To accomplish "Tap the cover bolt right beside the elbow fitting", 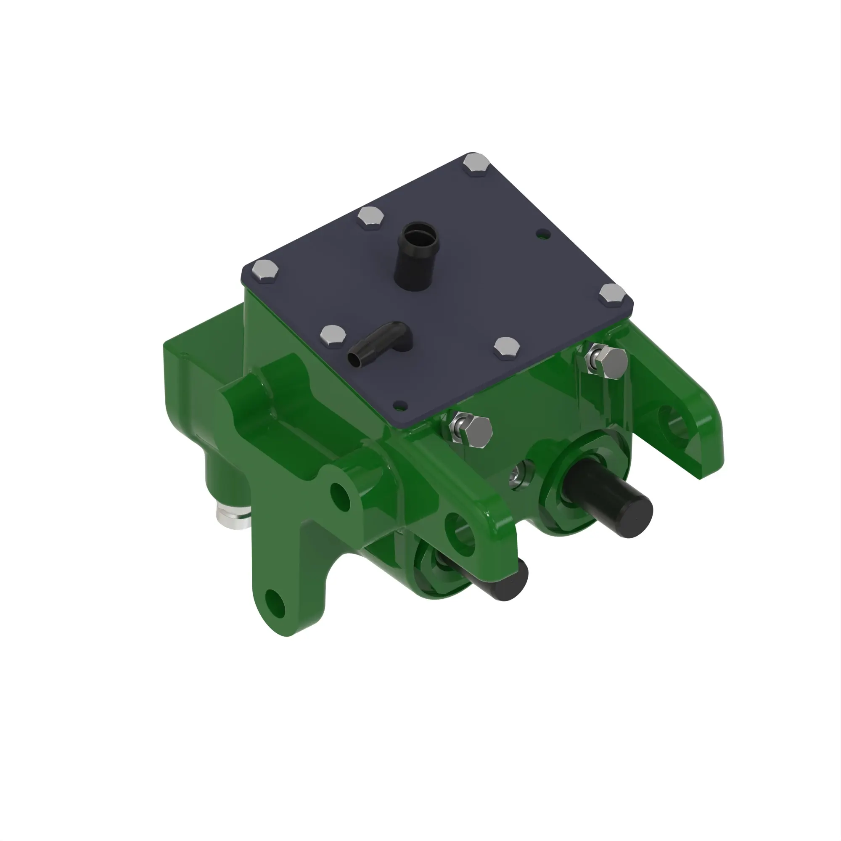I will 333,335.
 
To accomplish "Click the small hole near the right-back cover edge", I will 542,235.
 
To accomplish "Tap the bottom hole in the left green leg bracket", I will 276,604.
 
